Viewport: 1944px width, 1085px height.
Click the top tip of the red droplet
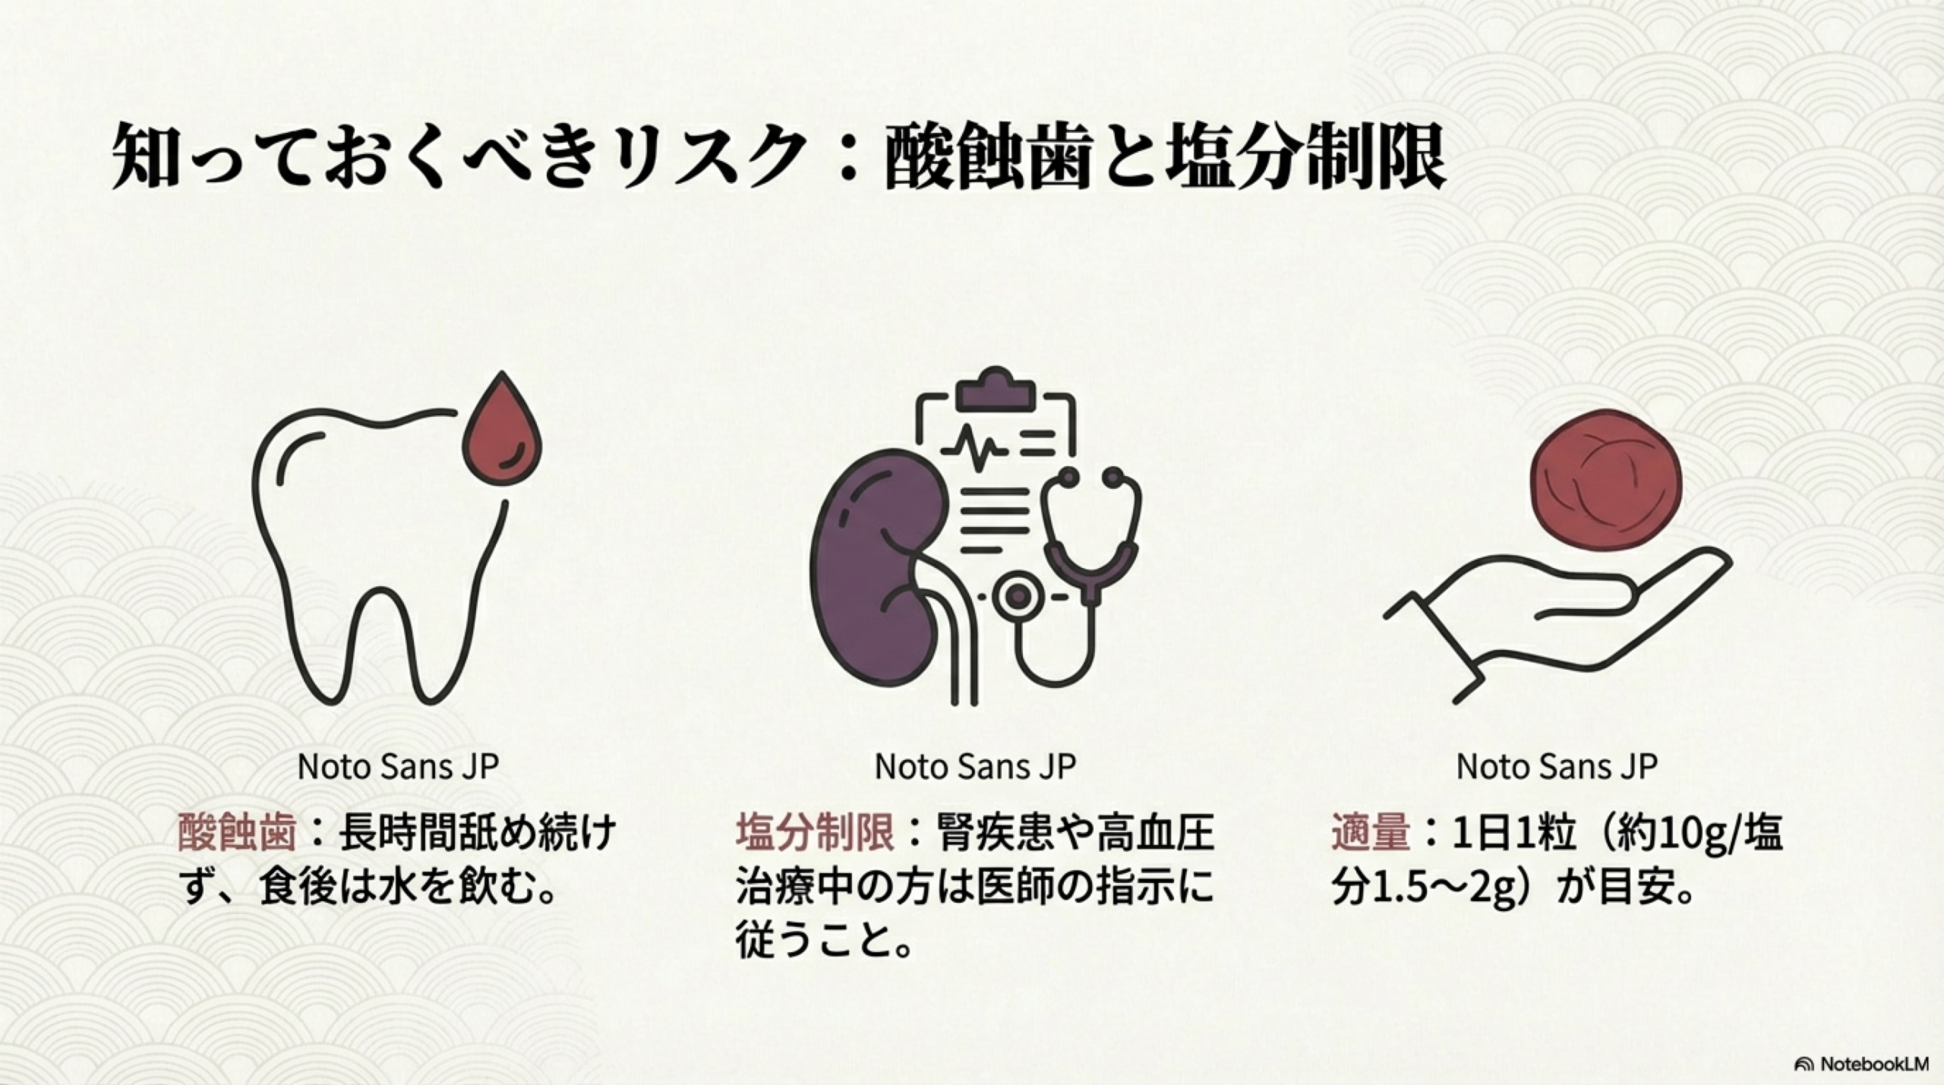(x=502, y=372)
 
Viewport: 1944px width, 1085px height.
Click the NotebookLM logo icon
(x=1804, y=1064)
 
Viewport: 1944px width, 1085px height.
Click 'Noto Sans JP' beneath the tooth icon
(x=398, y=766)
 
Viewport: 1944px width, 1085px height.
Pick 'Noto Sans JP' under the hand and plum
(x=1556, y=766)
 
